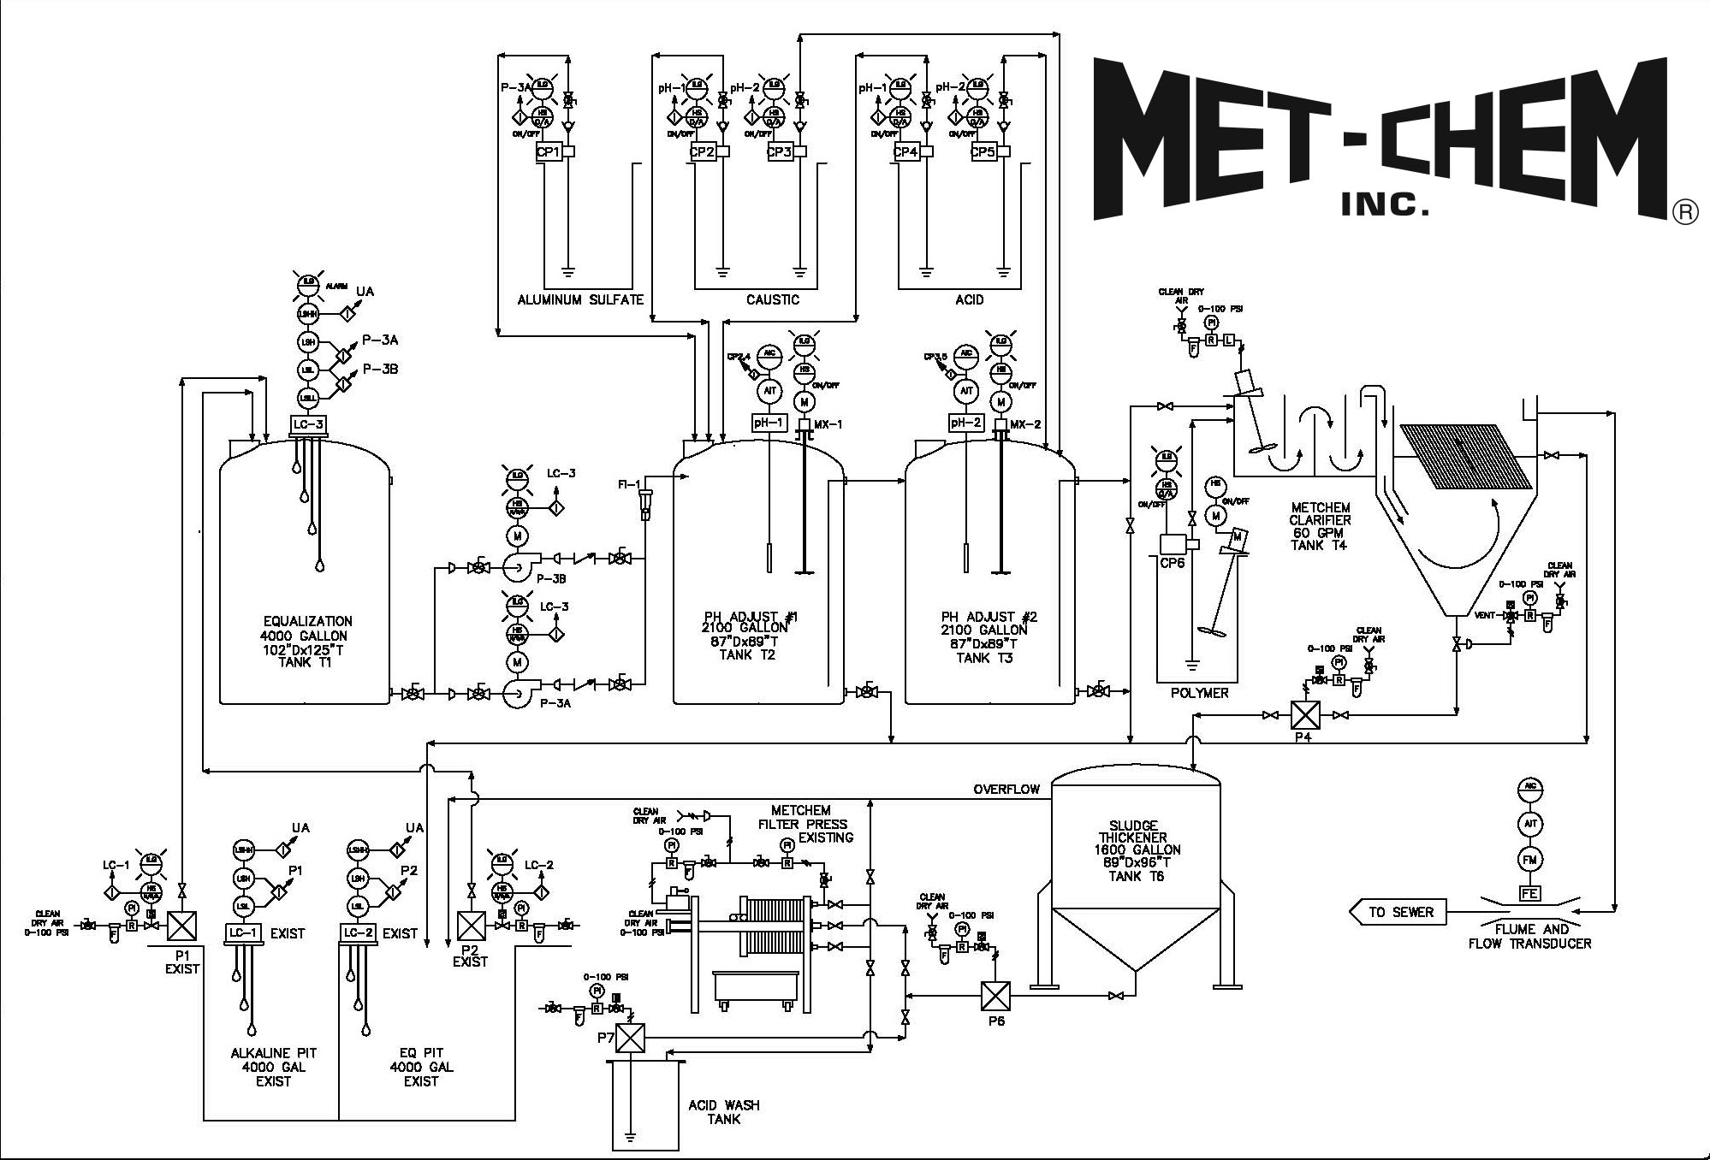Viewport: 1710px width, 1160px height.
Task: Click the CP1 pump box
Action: click(x=547, y=152)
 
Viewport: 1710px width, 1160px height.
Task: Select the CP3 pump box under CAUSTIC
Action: click(x=779, y=152)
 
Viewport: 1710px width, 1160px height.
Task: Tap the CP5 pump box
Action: click(x=983, y=152)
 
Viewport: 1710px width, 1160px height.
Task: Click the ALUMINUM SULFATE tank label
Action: click(x=579, y=299)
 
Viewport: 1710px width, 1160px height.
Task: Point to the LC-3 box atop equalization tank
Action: click(x=308, y=424)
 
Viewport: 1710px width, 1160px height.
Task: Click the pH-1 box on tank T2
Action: click(x=768, y=423)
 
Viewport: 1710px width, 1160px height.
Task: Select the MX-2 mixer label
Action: click(x=1025, y=424)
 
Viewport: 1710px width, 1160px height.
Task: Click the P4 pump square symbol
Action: click(x=1305, y=715)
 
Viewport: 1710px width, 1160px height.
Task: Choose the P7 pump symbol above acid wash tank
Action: click(x=630, y=1038)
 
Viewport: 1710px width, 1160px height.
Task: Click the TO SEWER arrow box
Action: click(x=1398, y=912)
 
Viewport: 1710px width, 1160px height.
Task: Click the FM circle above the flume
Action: click(x=1529, y=859)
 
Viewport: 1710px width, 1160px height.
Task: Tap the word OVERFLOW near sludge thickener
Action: click(x=1006, y=789)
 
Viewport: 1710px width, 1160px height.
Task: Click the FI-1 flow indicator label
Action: click(x=629, y=485)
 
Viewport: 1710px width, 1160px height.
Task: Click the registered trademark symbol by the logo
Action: click(x=1683, y=213)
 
